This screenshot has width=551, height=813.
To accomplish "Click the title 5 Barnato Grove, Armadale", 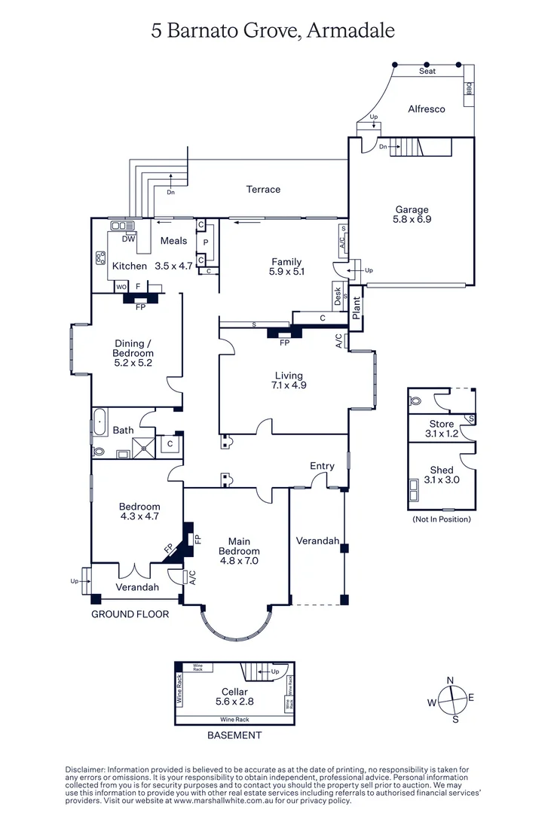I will [x=274, y=31].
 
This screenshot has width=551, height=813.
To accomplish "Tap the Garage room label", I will [x=412, y=210].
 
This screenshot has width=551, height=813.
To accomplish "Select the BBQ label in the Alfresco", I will [x=468, y=89].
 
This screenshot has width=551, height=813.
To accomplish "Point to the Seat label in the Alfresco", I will [x=427, y=72].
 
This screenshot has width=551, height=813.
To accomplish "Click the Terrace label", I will [x=263, y=190].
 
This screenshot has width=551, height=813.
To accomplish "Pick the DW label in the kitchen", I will [x=129, y=239].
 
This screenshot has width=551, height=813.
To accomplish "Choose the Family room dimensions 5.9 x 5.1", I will [x=286, y=273].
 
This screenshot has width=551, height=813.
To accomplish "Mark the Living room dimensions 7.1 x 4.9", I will [x=289, y=385].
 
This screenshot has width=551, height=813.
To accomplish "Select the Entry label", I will [x=322, y=466].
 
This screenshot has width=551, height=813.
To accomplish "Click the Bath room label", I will [x=123, y=431].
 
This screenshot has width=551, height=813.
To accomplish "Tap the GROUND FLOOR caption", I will [x=130, y=614].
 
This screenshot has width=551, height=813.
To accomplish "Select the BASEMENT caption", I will [x=234, y=735].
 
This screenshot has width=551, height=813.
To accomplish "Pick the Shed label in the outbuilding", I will [x=441, y=470].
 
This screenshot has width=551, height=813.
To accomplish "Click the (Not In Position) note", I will [x=441, y=519].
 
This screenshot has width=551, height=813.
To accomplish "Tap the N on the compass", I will [x=451, y=681].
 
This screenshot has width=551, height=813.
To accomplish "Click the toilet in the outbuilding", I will [x=415, y=401].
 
